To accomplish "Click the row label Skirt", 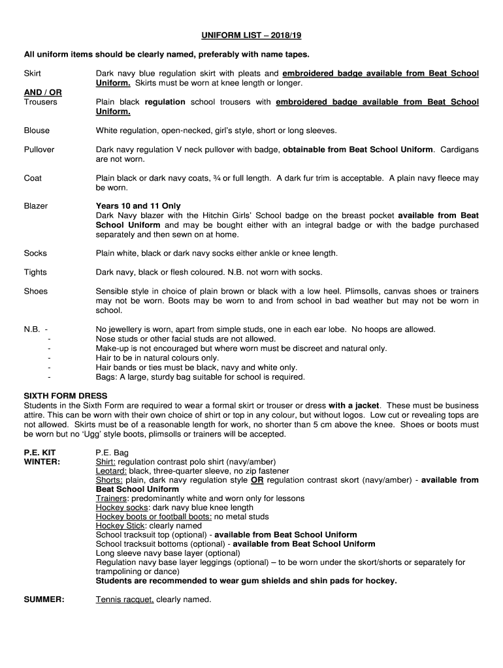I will tap(32, 74).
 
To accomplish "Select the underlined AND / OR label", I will tap(43, 93).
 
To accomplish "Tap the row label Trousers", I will tap(41, 102).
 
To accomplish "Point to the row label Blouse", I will tap(37, 130).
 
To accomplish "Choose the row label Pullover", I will tap(39, 149).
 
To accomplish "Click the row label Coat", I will tap(33, 178).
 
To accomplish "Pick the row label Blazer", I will tap(36, 206).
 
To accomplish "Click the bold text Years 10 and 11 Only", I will tap(138, 206).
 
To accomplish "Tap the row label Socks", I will tap(35, 253).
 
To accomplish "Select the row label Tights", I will tap(35, 272).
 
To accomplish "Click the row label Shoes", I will tap(36, 291).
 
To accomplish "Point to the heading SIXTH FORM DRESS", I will tap(65, 396).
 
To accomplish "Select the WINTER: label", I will tap(42, 461).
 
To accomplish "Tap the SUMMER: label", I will tap(44, 600).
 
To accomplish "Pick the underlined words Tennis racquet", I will tap(125, 600).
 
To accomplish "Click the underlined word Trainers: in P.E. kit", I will tap(112, 498).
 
